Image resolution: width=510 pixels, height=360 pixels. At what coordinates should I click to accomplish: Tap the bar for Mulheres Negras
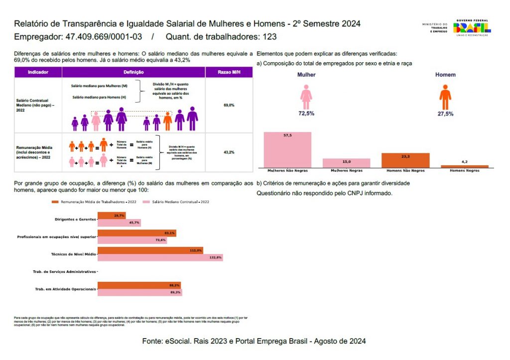[346, 163]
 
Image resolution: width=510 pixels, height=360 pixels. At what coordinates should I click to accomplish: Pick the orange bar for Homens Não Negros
[405, 160]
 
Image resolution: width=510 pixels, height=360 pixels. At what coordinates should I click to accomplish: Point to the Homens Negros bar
[464, 166]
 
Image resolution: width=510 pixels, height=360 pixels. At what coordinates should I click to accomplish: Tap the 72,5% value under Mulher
[306, 114]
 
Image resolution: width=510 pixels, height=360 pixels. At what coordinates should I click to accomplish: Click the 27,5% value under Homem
[445, 114]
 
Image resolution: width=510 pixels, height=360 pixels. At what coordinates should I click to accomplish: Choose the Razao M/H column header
[229, 72]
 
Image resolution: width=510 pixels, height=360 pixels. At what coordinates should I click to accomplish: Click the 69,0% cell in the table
[229, 106]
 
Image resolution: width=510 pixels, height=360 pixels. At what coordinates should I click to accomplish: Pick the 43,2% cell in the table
[229, 152]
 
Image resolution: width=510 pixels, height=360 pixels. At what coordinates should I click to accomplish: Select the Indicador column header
[38, 72]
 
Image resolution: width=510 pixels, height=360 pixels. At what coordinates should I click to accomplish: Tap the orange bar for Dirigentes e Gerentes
[112, 216]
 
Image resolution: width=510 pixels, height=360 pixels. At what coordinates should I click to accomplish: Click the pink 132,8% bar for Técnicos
[160, 257]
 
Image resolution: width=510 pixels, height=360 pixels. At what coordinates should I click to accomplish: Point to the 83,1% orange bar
[136, 233]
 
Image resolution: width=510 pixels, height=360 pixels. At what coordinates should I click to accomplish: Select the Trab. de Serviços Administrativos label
[64, 272]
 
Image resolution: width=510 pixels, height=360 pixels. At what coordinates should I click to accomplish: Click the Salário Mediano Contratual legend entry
[176, 202]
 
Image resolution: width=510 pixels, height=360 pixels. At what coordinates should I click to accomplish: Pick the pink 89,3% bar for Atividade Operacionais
[139, 292]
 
